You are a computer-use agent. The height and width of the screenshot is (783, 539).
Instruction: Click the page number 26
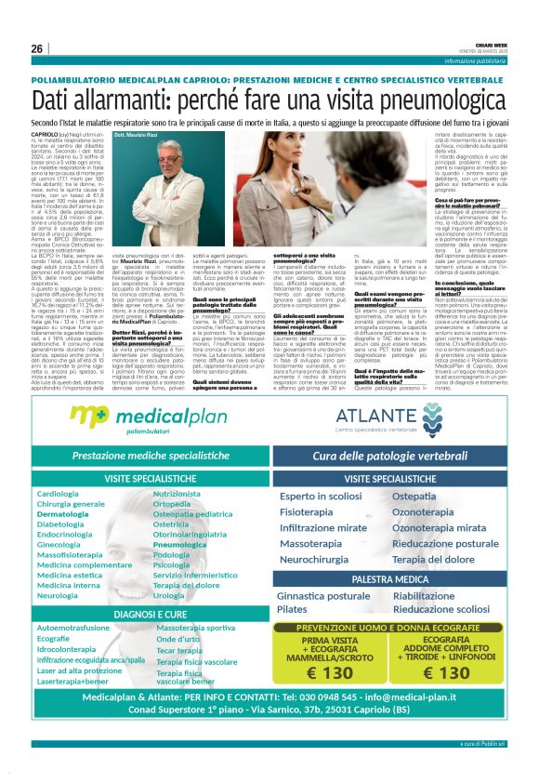click(36, 48)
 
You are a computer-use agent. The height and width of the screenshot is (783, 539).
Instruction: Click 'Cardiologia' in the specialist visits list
click(58, 493)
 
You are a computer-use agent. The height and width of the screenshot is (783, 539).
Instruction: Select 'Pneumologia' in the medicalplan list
click(180, 543)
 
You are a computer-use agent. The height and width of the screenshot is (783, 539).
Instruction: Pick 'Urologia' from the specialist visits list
click(169, 594)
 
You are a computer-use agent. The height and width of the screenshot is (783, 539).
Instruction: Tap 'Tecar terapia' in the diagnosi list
click(179, 650)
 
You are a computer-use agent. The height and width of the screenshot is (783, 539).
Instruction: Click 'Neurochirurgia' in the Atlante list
click(315, 560)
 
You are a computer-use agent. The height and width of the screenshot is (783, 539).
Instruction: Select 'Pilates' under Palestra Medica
click(291, 608)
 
